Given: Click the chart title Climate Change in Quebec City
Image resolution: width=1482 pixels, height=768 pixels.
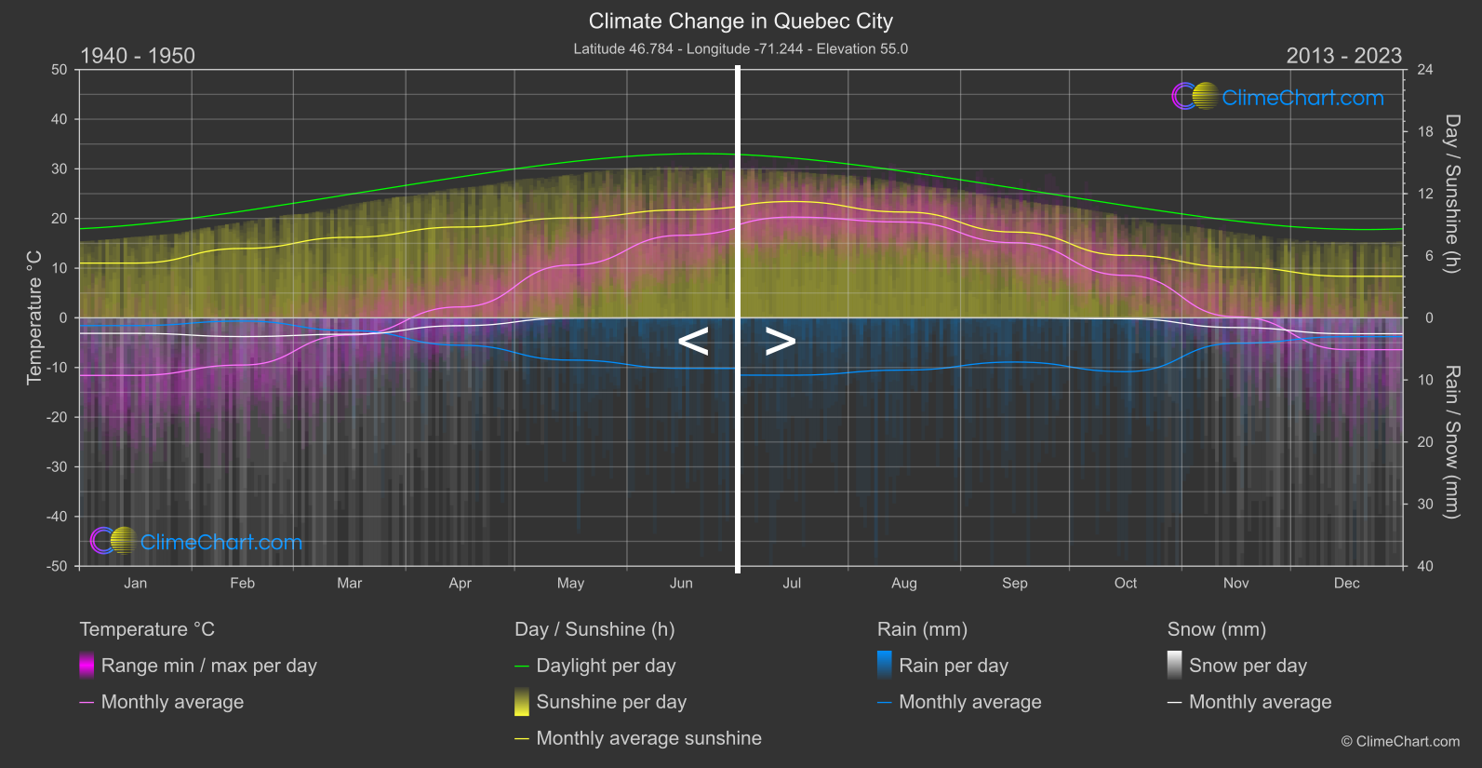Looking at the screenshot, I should pos(741,21).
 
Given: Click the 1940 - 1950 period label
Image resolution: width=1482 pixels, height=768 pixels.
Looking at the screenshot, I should pos(138,56).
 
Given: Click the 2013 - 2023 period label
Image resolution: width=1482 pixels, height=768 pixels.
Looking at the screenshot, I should pos(1343,56).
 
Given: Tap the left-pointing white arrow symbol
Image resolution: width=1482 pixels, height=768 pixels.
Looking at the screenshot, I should pos(693,342).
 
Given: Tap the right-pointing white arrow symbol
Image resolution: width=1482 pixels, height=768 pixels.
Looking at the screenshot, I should pos(780,342).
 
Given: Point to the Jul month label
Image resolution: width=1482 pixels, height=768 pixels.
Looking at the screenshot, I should pos(792,584).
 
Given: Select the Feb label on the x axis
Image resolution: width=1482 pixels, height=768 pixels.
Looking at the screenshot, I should pos(242,584).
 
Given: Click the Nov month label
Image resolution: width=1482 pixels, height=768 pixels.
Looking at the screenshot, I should pos(1235,584).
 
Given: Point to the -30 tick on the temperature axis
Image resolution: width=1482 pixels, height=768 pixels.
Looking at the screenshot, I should pos(57,467).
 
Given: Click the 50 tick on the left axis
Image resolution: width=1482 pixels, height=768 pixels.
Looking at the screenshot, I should pos(60,70).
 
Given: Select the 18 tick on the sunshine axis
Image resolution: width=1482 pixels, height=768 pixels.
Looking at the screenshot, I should pos(1425,132).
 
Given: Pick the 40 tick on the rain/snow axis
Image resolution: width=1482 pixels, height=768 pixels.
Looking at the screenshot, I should pos(1425,566).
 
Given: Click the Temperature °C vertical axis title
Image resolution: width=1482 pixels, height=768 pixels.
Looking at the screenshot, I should pos(34,317).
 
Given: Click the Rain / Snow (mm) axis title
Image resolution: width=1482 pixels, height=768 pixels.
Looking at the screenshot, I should pos(1451,441).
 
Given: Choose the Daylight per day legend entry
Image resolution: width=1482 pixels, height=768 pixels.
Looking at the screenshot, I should pos(606,666).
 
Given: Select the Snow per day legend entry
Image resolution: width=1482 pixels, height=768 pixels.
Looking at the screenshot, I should pos(1248,666).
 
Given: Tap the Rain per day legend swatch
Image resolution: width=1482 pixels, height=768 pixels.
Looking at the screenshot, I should pos(885,666).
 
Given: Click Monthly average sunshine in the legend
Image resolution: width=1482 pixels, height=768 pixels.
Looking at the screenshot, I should pos(648,738).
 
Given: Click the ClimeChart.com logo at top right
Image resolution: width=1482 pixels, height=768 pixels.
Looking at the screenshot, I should pos(1278,97).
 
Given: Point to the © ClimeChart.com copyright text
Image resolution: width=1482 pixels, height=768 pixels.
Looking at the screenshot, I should pos(1400,742).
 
